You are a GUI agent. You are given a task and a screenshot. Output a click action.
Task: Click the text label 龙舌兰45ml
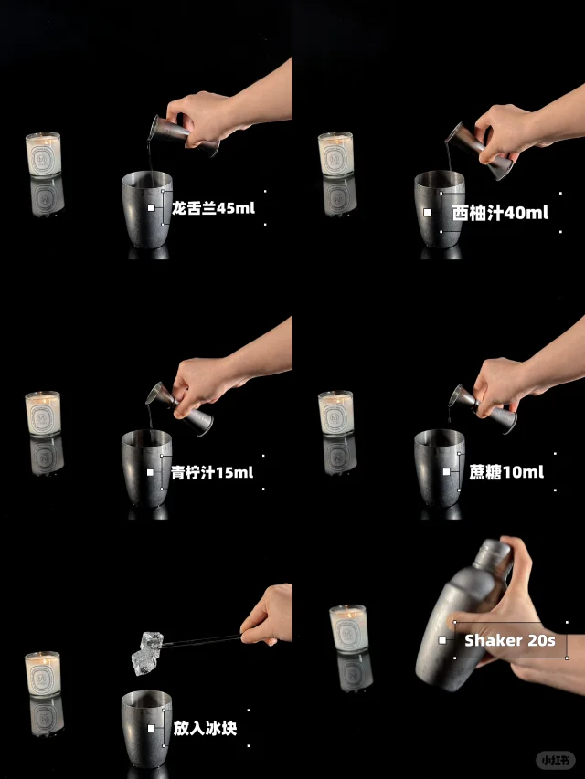coord(213,207)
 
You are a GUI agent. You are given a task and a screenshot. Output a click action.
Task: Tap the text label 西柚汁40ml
coord(500,213)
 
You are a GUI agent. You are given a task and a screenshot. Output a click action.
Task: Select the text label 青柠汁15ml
coord(212,472)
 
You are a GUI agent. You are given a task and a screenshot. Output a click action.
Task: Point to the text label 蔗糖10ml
coord(506,471)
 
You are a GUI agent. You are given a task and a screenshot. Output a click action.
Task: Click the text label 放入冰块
coord(205,728)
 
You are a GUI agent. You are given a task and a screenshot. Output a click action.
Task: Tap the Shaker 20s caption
coord(510,640)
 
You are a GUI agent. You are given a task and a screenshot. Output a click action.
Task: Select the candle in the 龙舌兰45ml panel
coord(43,154)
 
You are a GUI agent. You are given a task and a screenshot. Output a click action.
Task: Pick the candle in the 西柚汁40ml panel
coord(335,154)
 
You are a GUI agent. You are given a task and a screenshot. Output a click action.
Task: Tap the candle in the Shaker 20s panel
coord(348,628)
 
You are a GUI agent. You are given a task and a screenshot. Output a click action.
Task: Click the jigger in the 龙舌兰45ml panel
coord(185,135)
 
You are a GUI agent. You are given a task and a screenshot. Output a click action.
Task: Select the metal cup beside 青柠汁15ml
coord(147,468)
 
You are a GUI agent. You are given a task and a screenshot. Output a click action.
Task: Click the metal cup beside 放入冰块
coord(147,729)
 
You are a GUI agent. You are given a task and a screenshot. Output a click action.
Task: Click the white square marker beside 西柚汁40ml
coord(427,212)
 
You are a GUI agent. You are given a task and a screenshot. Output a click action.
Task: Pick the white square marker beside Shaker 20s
coord(442,640)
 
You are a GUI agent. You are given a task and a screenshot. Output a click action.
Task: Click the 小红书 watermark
coord(556,760)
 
